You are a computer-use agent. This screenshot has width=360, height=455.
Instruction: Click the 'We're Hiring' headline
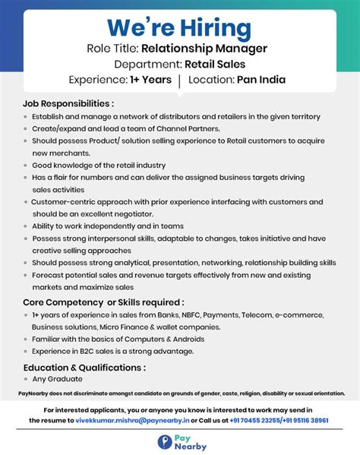[x=179, y=27]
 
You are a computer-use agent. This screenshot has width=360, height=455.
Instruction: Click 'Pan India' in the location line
[x=263, y=80]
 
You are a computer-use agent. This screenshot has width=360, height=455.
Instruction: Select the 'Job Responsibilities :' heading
[x=68, y=103]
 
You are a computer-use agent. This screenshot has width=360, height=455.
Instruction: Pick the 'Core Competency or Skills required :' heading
[x=103, y=302]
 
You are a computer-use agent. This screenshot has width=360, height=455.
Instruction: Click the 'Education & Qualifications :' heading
[x=84, y=367]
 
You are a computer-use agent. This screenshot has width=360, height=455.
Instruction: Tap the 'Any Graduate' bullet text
[x=57, y=379]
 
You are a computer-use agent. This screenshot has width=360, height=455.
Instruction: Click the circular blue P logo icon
[x=165, y=442]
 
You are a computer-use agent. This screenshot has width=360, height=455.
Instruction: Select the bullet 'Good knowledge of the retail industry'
[x=99, y=165]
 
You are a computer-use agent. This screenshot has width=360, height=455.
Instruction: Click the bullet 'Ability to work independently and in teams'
[x=108, y=226]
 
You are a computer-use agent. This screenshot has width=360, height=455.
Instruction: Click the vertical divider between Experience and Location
[x=179, y=80]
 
